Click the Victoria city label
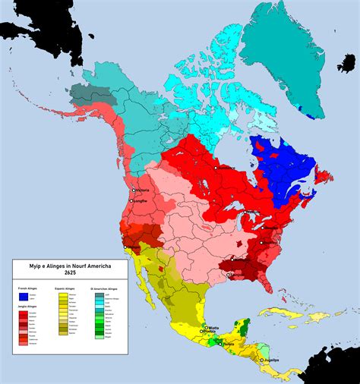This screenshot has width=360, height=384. click(143, 190)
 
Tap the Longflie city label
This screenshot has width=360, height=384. click(140, 201)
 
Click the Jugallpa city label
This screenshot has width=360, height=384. click(270, 360)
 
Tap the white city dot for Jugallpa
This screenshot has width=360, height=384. click(261, 360)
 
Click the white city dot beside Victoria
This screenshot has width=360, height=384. click(133, 190)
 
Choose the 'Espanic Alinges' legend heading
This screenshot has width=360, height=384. click(66, 289)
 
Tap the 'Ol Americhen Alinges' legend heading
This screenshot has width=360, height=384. click(105, 289)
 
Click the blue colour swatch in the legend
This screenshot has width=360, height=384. click(24, 297)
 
